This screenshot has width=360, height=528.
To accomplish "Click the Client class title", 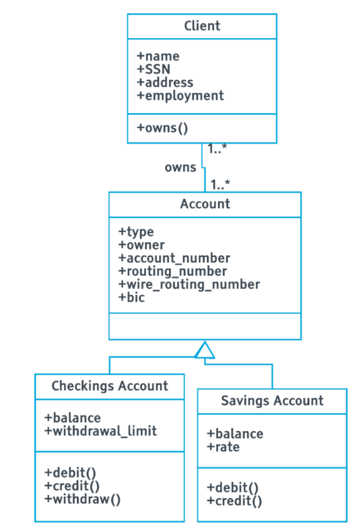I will coord(202,26).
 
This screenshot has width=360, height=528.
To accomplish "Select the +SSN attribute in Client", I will coord(153,69).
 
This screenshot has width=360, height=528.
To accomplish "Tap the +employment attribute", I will coord(180,96).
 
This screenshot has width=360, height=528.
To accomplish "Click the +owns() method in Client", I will coord(163,128).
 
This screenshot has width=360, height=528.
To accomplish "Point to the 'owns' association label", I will coord(180,168).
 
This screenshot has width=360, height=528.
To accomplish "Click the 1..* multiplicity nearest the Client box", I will coord(219,150).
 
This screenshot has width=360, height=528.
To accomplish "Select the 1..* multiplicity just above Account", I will coord(220,185).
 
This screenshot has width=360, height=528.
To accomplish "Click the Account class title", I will coord(205,204).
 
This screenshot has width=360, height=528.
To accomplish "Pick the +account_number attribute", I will coord(174,258).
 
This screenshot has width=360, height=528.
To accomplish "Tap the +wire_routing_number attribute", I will coord(188,284).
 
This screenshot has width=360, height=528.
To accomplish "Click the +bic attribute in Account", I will coord(131,297).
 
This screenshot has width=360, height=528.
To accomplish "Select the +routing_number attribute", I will coord(172,271).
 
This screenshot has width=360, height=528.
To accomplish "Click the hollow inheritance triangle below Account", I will coord(205,351).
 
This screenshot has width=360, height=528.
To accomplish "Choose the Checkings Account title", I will coord(110,386).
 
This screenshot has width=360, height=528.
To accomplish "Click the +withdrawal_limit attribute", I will coord(100,430).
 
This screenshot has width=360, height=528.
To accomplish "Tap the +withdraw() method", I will coord(83,498).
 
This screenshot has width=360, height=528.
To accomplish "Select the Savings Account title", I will coord(272,401).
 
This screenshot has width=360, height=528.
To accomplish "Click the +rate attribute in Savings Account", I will coord(223,447).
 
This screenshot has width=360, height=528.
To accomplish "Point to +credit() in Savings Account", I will coord(234,500).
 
